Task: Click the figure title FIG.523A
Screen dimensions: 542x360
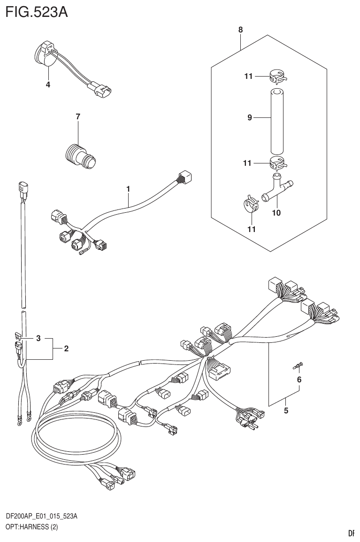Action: (x=37, y=11)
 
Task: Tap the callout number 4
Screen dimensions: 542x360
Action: (x=48, y=85)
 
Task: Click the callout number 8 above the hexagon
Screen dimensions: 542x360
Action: (x=240, y=30)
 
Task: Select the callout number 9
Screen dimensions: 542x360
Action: (x=250, y=118)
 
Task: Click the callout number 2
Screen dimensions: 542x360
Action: (x=66, y=348)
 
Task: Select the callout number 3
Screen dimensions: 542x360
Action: (x=39, y=338)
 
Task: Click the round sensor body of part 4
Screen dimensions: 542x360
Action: (x=46, y=54)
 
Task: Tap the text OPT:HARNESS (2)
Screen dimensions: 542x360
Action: (x=32, y=527)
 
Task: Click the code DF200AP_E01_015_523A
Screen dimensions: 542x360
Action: (x=42, y=517)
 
